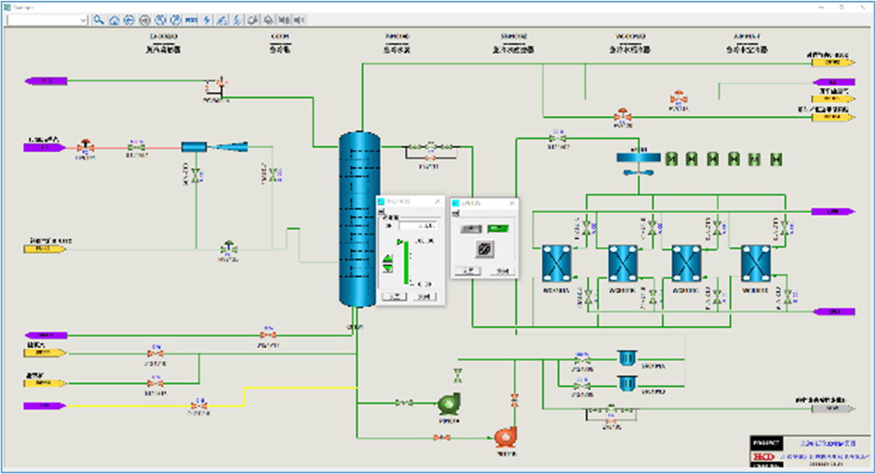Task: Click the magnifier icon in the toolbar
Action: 99,20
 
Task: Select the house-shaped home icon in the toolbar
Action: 114,20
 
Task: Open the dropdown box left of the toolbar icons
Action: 47,20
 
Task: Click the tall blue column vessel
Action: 360,218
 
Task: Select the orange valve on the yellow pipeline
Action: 197,406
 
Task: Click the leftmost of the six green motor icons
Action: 671,159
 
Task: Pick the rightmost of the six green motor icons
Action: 775,159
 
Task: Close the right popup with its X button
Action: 512,202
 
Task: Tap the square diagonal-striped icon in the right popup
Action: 485,249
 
